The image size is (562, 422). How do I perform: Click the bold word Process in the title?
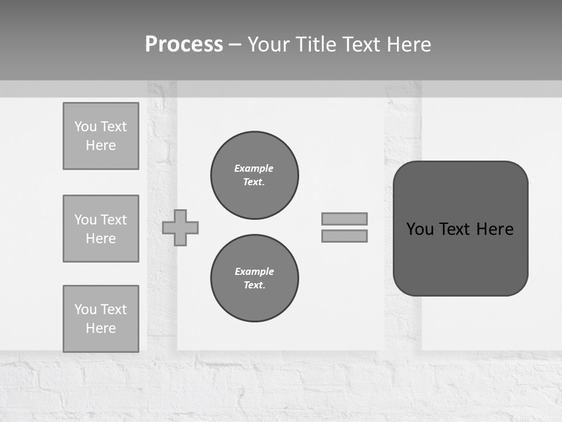[x=184, y=45]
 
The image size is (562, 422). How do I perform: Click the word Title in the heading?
[x=314, y=45]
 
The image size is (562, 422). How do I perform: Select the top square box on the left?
[x=101, y=136]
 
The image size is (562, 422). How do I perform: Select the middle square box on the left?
[x=101, y=229]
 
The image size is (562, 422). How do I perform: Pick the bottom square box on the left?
[x=101, y=319]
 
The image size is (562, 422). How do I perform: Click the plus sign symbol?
[x=180, y=227]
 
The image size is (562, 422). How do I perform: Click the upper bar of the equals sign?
[x=344, y=219]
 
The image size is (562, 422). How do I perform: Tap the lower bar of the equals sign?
[x=344, y=236]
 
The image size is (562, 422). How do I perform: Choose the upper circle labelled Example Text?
[x=255, y=175]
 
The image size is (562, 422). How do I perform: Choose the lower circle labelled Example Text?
[x=255, y=278]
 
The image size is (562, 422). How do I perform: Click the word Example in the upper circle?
[x=254, y=168]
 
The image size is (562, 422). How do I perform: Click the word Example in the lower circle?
[x=254, y=271]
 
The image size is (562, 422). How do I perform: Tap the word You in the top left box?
[x=85, y=127]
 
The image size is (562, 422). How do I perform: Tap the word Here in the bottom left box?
[x=101, y=328]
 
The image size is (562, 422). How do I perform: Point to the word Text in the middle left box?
[x=113, y=220]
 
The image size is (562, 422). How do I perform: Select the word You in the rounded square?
[x=420, y=229]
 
